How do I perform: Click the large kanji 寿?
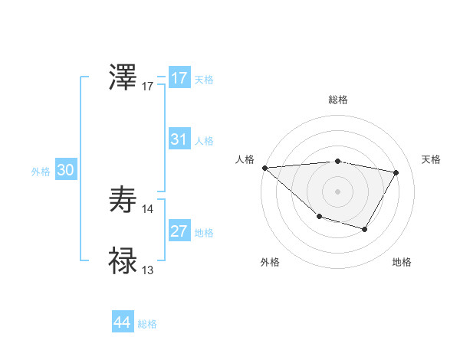pos(123,200)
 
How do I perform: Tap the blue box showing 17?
pos(179,78)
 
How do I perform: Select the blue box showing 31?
pos(179,139)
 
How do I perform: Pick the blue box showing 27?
pos(179,231)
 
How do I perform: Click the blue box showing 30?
pos(65,170)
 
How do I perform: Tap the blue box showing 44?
pos(122,322)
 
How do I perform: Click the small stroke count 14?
pos(148,208)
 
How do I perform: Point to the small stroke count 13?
pos(148,270)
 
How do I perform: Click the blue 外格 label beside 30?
pos(41,172)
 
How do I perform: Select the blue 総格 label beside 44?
pos(147,324)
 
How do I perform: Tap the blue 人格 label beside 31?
pos(204,141)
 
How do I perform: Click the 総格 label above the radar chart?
pos(338,100)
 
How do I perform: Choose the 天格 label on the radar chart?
pos(432,159)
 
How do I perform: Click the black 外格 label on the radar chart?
pos(270,262)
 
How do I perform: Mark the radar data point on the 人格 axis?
pos(264,168)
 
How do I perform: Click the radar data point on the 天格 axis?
pos(396,172)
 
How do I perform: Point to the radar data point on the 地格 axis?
pos(365,229)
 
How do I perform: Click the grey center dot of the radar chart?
pos(338,191)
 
